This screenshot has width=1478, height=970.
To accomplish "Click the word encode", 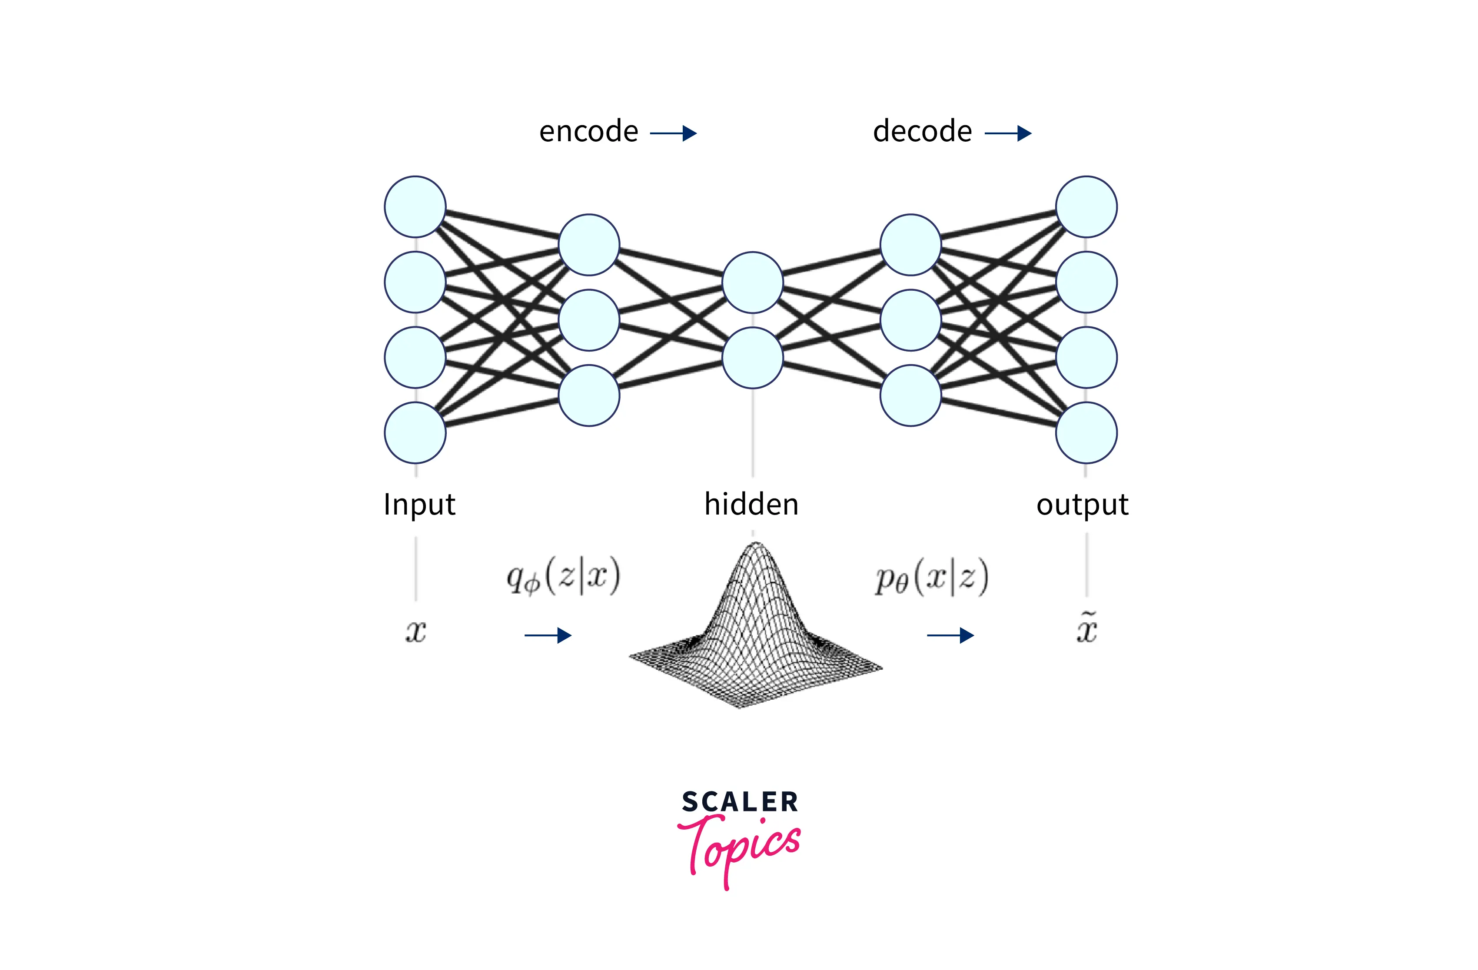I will tap(588, 132).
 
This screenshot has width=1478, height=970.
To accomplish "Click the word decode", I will tap(922, 132).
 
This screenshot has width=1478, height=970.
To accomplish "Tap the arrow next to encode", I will tap(673, 133).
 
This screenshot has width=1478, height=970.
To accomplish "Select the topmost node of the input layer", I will tap(415, 207).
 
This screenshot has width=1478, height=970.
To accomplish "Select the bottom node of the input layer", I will tap(415, 433).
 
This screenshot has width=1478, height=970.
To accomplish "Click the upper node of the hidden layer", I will tap(752, 282).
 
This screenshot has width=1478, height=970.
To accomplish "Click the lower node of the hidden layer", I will tap(752, 358).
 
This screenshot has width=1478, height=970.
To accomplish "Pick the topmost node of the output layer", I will tap(1086, 207).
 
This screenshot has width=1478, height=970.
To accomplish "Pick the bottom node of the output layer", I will tap(1086, 433).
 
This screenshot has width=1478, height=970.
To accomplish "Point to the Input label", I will tap(419, 504).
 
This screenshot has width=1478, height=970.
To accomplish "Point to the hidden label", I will tap(751, 504).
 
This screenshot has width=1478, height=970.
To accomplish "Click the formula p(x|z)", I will tap(931, 578).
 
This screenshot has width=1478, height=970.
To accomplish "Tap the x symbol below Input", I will tap(415, 631).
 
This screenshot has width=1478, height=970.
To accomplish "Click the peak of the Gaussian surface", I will tap(755, 546).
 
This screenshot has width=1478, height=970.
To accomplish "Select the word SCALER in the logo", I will tap(740, 802).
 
